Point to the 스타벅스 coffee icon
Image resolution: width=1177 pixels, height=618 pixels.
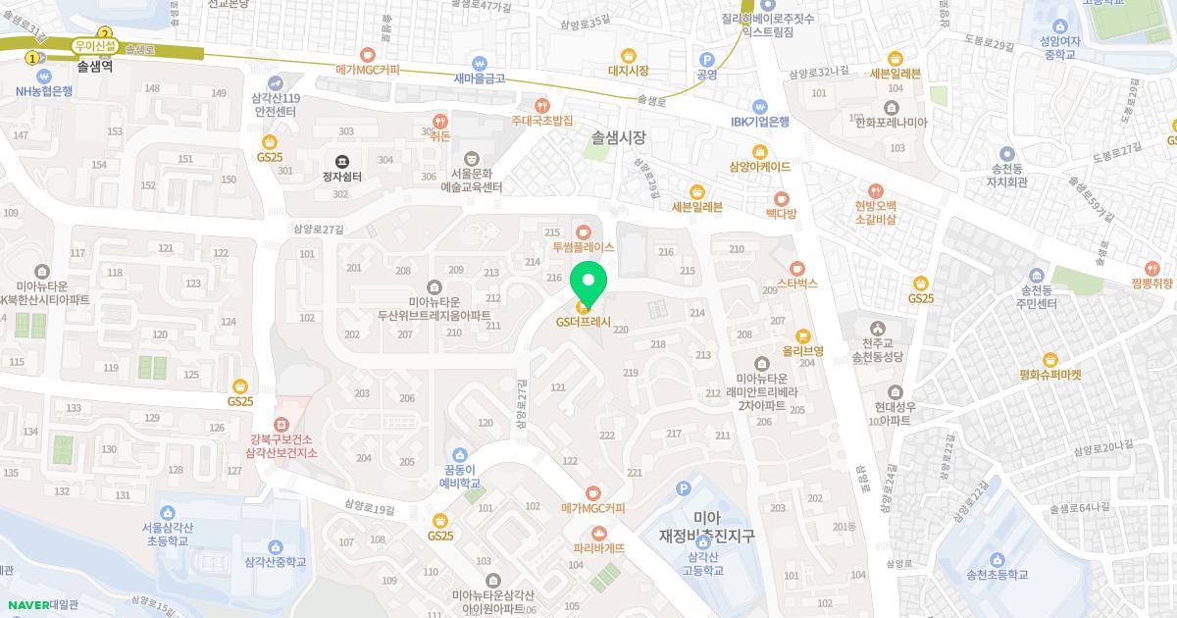coord(796,267)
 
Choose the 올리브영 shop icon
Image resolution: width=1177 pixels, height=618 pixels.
coord(802,335)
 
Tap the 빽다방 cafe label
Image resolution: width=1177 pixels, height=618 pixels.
coord(782,213)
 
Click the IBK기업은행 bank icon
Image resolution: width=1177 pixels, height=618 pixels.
coord(759,106)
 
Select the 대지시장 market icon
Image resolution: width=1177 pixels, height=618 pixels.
coord(629,55)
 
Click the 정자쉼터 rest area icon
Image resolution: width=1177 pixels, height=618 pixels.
coord(341,161)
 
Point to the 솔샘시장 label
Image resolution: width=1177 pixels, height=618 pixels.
coord(619,138)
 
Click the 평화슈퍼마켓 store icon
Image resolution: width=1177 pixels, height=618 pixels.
coord(1049,359)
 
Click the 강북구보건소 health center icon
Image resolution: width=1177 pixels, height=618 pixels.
coord(281,424)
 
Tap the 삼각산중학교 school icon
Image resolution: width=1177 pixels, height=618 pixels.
coord(276,546)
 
